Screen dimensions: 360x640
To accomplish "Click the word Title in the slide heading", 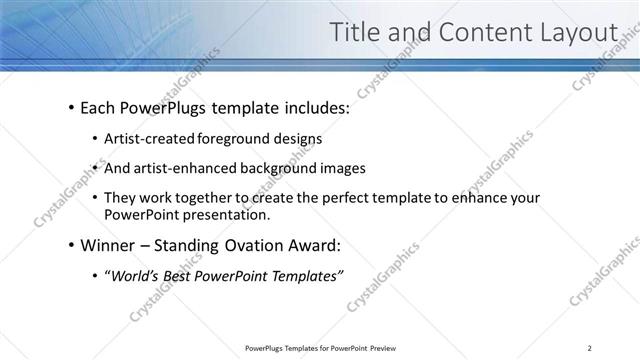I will [359, 33].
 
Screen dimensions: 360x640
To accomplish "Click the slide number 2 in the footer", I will [590, 348].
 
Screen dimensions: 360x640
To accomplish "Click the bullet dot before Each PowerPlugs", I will [71, 106].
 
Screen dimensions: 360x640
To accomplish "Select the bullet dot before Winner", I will [71, 245].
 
